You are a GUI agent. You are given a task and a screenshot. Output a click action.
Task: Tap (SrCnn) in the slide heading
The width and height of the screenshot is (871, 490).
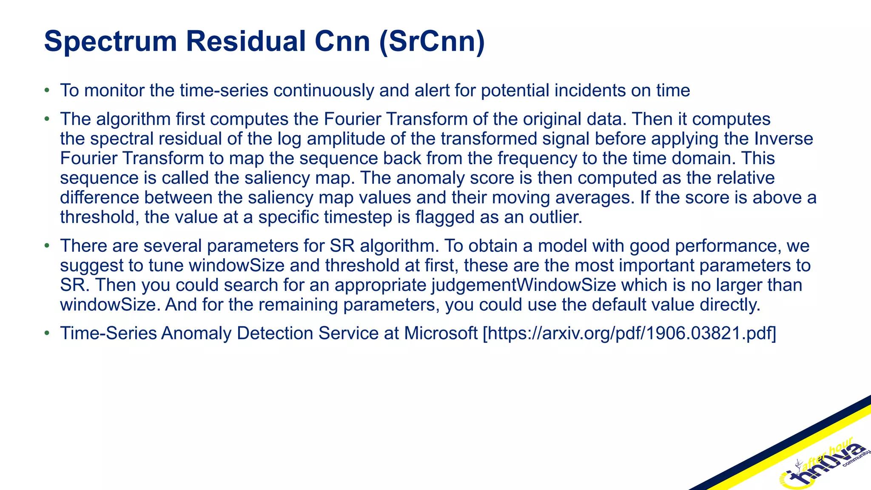431,42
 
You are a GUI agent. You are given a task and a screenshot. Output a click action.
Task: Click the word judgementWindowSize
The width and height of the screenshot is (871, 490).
524,285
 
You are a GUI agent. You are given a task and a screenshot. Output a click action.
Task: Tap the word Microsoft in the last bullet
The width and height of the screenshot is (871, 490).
441,333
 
